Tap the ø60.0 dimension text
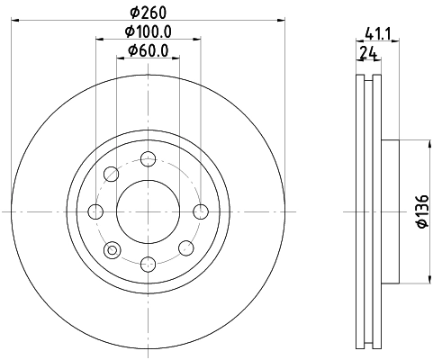(149, 50)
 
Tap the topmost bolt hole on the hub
(149, 159)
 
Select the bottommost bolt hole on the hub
(149, 263)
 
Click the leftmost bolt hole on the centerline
(96, 211)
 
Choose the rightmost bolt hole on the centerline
(201, 211)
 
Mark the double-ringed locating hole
(113, 249)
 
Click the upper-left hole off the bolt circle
(112, 174)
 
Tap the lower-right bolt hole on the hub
(185, 248)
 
